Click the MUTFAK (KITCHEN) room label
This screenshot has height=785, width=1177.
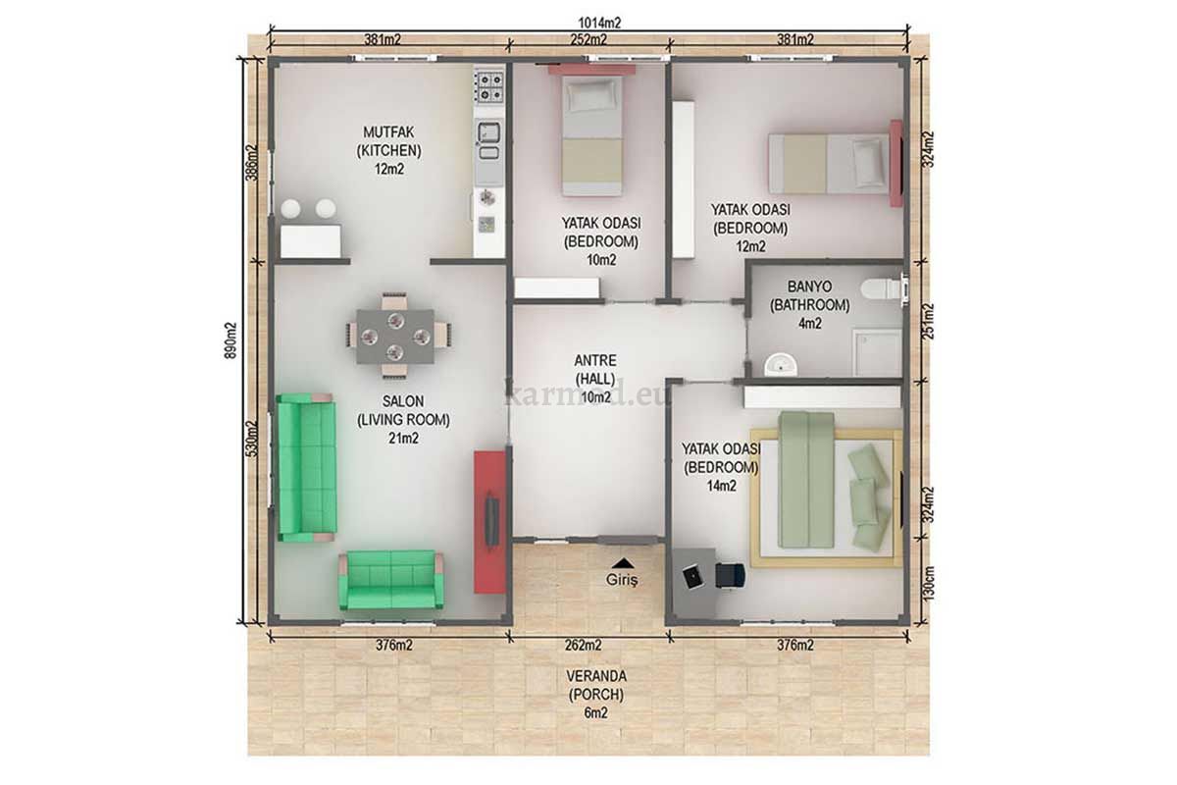[389, 150]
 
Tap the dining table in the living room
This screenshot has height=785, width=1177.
[395, 337]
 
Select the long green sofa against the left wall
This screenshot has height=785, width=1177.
[306, 467]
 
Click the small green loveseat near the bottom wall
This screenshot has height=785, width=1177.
[391, 580]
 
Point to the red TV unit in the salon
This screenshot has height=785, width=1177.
[489, 522]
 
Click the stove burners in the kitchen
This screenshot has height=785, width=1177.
[489, 87]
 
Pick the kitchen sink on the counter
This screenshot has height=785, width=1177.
[488, 138]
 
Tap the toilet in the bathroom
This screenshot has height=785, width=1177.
[882, 288]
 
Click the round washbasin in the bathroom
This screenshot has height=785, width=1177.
[781, 364]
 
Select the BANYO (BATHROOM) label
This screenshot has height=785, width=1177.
[810, 305]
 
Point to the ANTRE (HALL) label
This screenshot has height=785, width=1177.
[595, 379]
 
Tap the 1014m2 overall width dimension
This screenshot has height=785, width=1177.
[599, 23]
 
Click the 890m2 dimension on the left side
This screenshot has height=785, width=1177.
[231, 340]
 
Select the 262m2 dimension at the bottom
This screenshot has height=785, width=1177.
[584, 645]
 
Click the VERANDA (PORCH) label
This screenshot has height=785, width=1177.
[596, 695]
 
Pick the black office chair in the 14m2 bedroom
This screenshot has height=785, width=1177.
[731, 575]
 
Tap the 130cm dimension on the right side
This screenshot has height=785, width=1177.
[929, 583]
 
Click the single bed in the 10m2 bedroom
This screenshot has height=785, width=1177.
[591, 135]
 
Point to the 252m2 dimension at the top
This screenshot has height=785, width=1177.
[588, 39]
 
